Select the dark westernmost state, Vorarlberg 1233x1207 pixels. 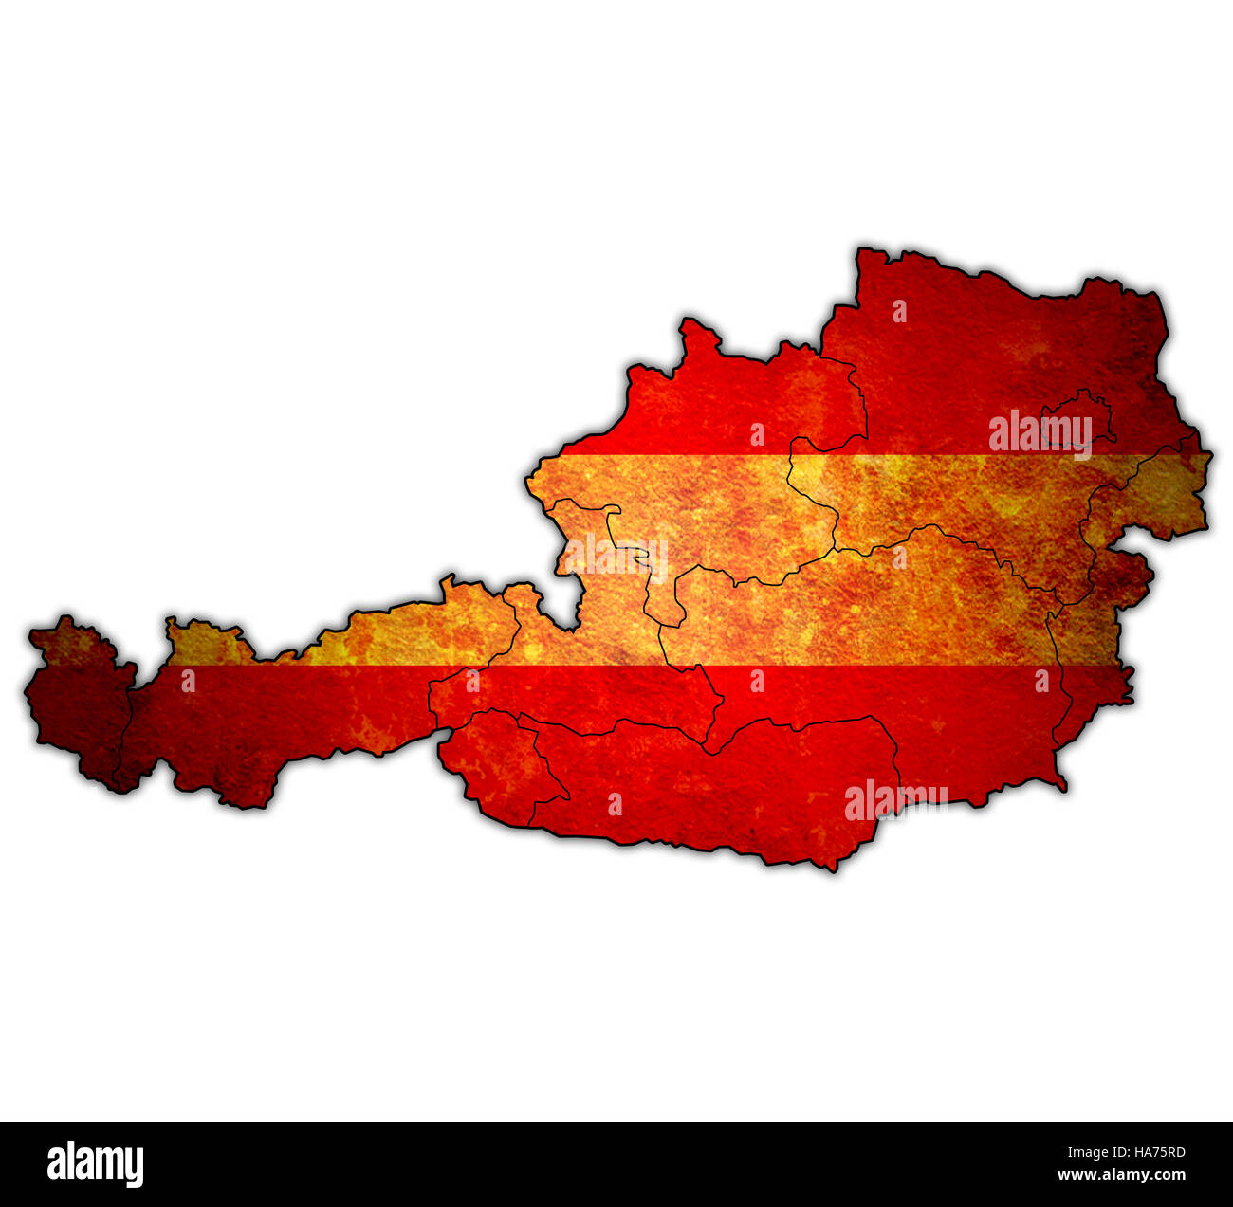click(x=76, y=702)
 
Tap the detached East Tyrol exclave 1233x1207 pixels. click(x=498, y=759)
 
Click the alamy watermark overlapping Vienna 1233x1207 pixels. click(x=1040, y=432)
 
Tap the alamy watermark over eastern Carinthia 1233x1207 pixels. click(x=895, y=799)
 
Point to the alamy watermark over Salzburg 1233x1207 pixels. click(x=616, y=558)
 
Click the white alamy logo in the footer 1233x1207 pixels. click(x=95, y=1163)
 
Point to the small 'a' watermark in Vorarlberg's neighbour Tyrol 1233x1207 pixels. click(x=188, y=680)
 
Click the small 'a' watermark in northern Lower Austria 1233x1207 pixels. click(x=899, y=311)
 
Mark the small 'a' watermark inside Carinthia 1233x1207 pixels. click(x=615, y=805)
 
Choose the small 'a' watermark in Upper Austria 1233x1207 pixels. click(x=757, y=434)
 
